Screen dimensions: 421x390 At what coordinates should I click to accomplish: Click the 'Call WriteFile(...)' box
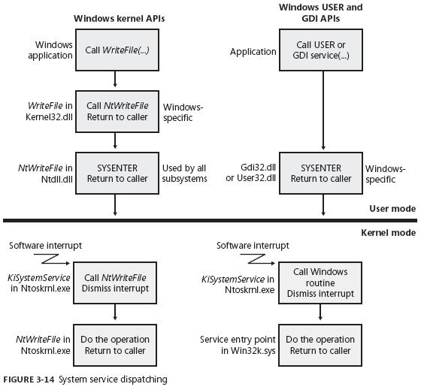click(x=117, y=50)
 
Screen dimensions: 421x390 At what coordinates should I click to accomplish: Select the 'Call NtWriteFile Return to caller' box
click(x=117, y=111)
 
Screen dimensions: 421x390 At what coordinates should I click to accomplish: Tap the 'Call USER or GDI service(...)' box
click(x=321, y=50)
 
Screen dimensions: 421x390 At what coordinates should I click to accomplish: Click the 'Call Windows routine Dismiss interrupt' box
click(x=320, y=283)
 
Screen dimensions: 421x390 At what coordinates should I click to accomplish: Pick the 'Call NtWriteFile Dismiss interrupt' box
click(x=115, y=283)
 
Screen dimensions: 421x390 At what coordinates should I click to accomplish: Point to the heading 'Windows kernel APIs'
click(x=120, y=19)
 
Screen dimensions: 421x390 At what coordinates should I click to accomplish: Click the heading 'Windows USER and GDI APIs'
click(x=321, y=13)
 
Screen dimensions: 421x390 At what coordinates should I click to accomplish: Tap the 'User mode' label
click(x=392, y=209)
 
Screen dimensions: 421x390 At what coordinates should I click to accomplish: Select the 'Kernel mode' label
click(x=389, y=232)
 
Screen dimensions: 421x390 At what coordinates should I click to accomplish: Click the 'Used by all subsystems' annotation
click(x=184, y=174)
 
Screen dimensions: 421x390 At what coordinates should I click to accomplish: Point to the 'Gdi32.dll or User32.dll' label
click(x=251, y=173)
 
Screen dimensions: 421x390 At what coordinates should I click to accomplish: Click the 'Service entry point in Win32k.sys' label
click(x=238, y=345)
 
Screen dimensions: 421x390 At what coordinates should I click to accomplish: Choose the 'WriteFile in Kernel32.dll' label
click(x=49, y=111)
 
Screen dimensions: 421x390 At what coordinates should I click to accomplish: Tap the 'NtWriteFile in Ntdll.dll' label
click(x=45, y=174)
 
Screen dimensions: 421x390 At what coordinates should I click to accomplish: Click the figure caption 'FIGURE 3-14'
click(x=29, y=379)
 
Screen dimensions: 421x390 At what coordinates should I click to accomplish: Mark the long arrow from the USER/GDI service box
click(x=323, y=110)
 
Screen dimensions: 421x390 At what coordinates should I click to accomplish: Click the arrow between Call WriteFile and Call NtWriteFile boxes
click(x=115, y=79)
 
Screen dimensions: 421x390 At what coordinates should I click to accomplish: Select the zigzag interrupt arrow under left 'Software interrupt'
click(x=52, y=259)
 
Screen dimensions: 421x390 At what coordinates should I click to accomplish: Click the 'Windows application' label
click(x=50, y=50)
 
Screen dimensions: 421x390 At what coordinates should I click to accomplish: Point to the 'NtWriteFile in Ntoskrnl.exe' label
click(x=43, y=345)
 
